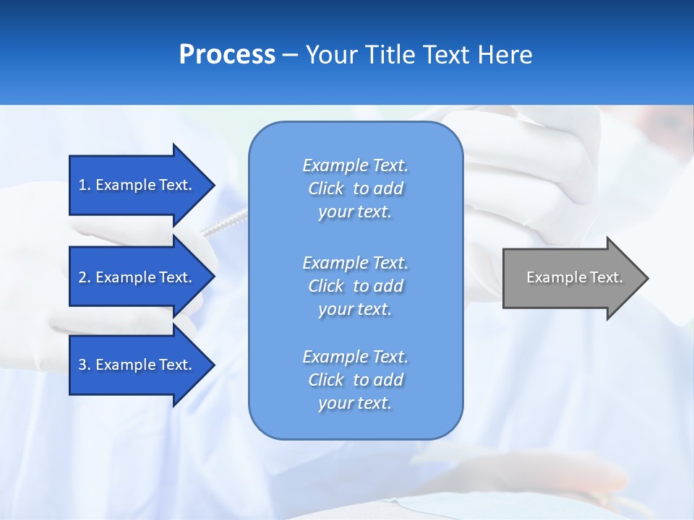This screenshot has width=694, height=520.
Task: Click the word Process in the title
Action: [227, 55]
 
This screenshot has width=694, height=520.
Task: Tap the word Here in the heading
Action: [504, 55]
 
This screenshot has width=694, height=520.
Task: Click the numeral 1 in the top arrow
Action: [82, 185]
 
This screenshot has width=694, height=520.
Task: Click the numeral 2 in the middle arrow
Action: [82, 277]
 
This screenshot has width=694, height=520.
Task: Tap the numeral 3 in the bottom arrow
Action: [82, 365]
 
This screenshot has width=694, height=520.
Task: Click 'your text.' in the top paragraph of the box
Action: [355, 212]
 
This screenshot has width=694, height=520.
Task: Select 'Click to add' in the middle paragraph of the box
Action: [355, 286]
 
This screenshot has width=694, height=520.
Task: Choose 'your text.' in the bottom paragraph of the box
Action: [355, 404]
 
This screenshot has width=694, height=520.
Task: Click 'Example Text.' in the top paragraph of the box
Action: [355, 165]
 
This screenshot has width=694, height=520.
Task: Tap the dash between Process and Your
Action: [291, 56]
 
